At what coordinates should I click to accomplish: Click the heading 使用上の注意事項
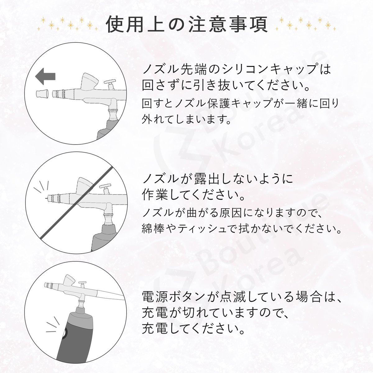click(187, 25)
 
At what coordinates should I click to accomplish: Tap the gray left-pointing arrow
click(45, 76)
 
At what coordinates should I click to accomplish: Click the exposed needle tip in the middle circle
click(46, 198)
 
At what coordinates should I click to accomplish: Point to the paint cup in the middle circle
click(85, 186)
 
